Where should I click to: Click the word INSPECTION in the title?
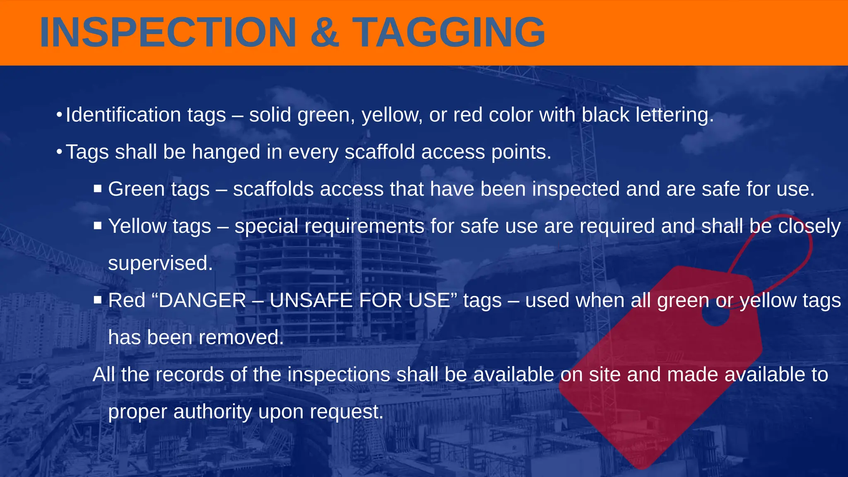click(x=168, y=32)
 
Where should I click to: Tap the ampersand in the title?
click(x=325, y=32)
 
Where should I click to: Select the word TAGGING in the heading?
click(x=449, y=32)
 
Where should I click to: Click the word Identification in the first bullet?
click(x=123, y=115)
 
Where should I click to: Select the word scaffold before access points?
click(x=380, y=152)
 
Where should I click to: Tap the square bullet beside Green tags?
click(x=98, y=189)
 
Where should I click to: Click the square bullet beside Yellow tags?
click(x=98, y=226)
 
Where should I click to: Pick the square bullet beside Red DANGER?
click(x=98, y=300)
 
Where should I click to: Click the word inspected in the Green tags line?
click(x=576, y=189)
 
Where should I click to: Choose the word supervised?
click(x=160, y=263)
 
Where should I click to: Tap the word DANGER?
click(x=202, y=300)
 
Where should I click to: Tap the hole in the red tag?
click(x=715, y=316)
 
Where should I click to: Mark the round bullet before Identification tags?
click(x=59, y=115)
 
